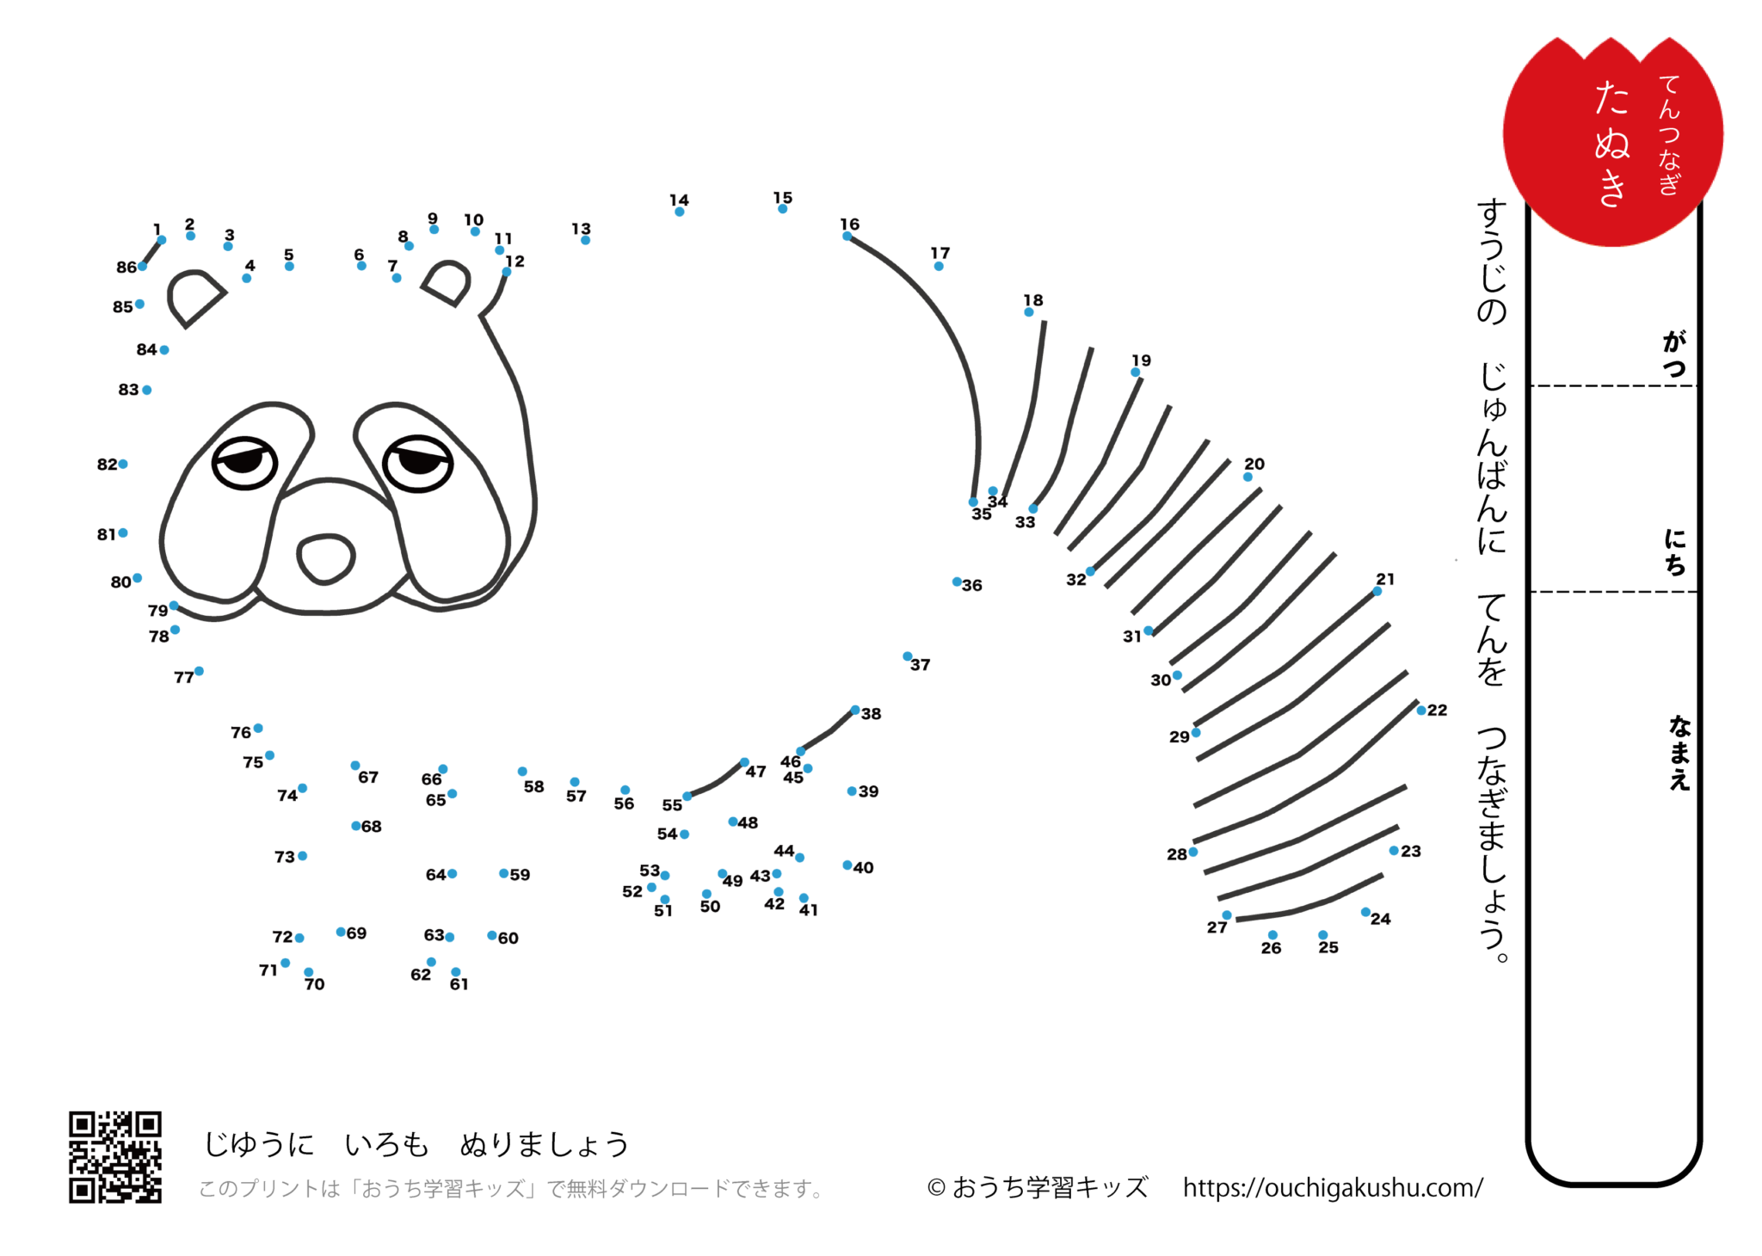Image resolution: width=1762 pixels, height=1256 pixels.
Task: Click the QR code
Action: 115,1157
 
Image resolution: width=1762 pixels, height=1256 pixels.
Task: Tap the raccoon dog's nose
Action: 325,558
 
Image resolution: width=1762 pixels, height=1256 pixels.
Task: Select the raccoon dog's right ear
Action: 447,283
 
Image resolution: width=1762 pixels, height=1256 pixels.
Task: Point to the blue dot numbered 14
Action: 680,212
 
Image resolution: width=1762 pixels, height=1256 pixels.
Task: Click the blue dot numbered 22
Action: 1421,711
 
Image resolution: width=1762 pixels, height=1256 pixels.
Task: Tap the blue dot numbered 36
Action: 957,582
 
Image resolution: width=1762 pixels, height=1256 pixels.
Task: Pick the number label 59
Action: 520,875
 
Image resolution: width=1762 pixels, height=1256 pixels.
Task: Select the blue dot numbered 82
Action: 123,465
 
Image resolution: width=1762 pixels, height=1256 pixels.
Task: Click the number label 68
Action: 372,827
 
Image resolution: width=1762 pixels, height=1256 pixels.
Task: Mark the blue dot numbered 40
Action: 847,865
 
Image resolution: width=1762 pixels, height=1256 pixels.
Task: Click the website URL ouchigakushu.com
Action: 1333,1188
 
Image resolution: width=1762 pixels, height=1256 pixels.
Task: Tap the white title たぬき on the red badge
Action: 1611,144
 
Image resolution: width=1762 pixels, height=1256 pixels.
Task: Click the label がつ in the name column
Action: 1674,354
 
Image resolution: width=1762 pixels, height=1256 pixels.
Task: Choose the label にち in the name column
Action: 1675,551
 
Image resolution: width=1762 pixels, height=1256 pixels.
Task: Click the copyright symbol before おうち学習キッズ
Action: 937,1188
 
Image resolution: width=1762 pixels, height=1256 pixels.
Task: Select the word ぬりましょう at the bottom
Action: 545,1145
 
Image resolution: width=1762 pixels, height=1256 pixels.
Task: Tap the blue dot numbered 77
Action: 199,671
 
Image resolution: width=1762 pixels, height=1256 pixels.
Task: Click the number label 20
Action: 1254,465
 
